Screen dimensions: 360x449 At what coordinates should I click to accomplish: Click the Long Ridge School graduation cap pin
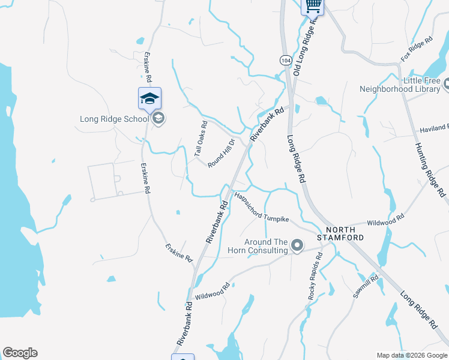coord(149,98)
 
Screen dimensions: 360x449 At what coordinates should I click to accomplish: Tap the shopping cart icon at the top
coord(312,6)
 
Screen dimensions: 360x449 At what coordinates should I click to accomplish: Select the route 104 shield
coord(285,61)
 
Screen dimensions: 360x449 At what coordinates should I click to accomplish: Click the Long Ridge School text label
coord(114,119)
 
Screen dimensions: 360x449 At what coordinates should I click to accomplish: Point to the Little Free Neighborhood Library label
coord(400,85)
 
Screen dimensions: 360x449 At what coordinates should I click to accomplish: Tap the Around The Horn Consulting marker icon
coord(297,245)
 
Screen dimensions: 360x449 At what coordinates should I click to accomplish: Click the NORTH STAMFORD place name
coord(345,234)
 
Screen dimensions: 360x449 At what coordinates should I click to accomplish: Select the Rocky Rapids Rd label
coord(314,277)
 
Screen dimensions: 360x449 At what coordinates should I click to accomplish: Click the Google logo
coord(20,353)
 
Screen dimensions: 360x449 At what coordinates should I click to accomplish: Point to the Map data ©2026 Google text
coord(412,355)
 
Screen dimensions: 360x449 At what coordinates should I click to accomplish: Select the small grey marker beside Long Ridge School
coord(158,119)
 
